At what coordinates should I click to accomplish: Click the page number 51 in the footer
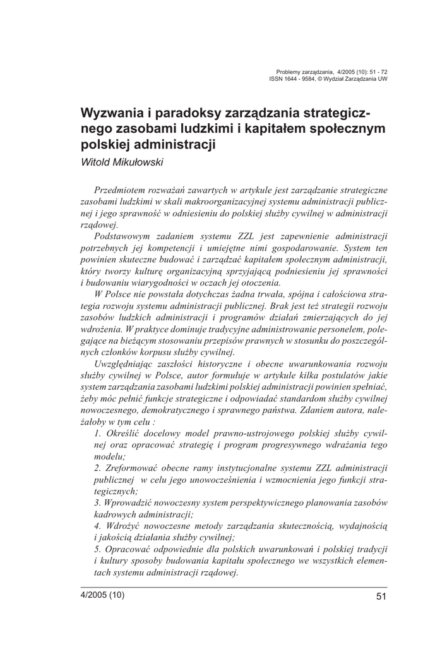coord(380,596)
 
